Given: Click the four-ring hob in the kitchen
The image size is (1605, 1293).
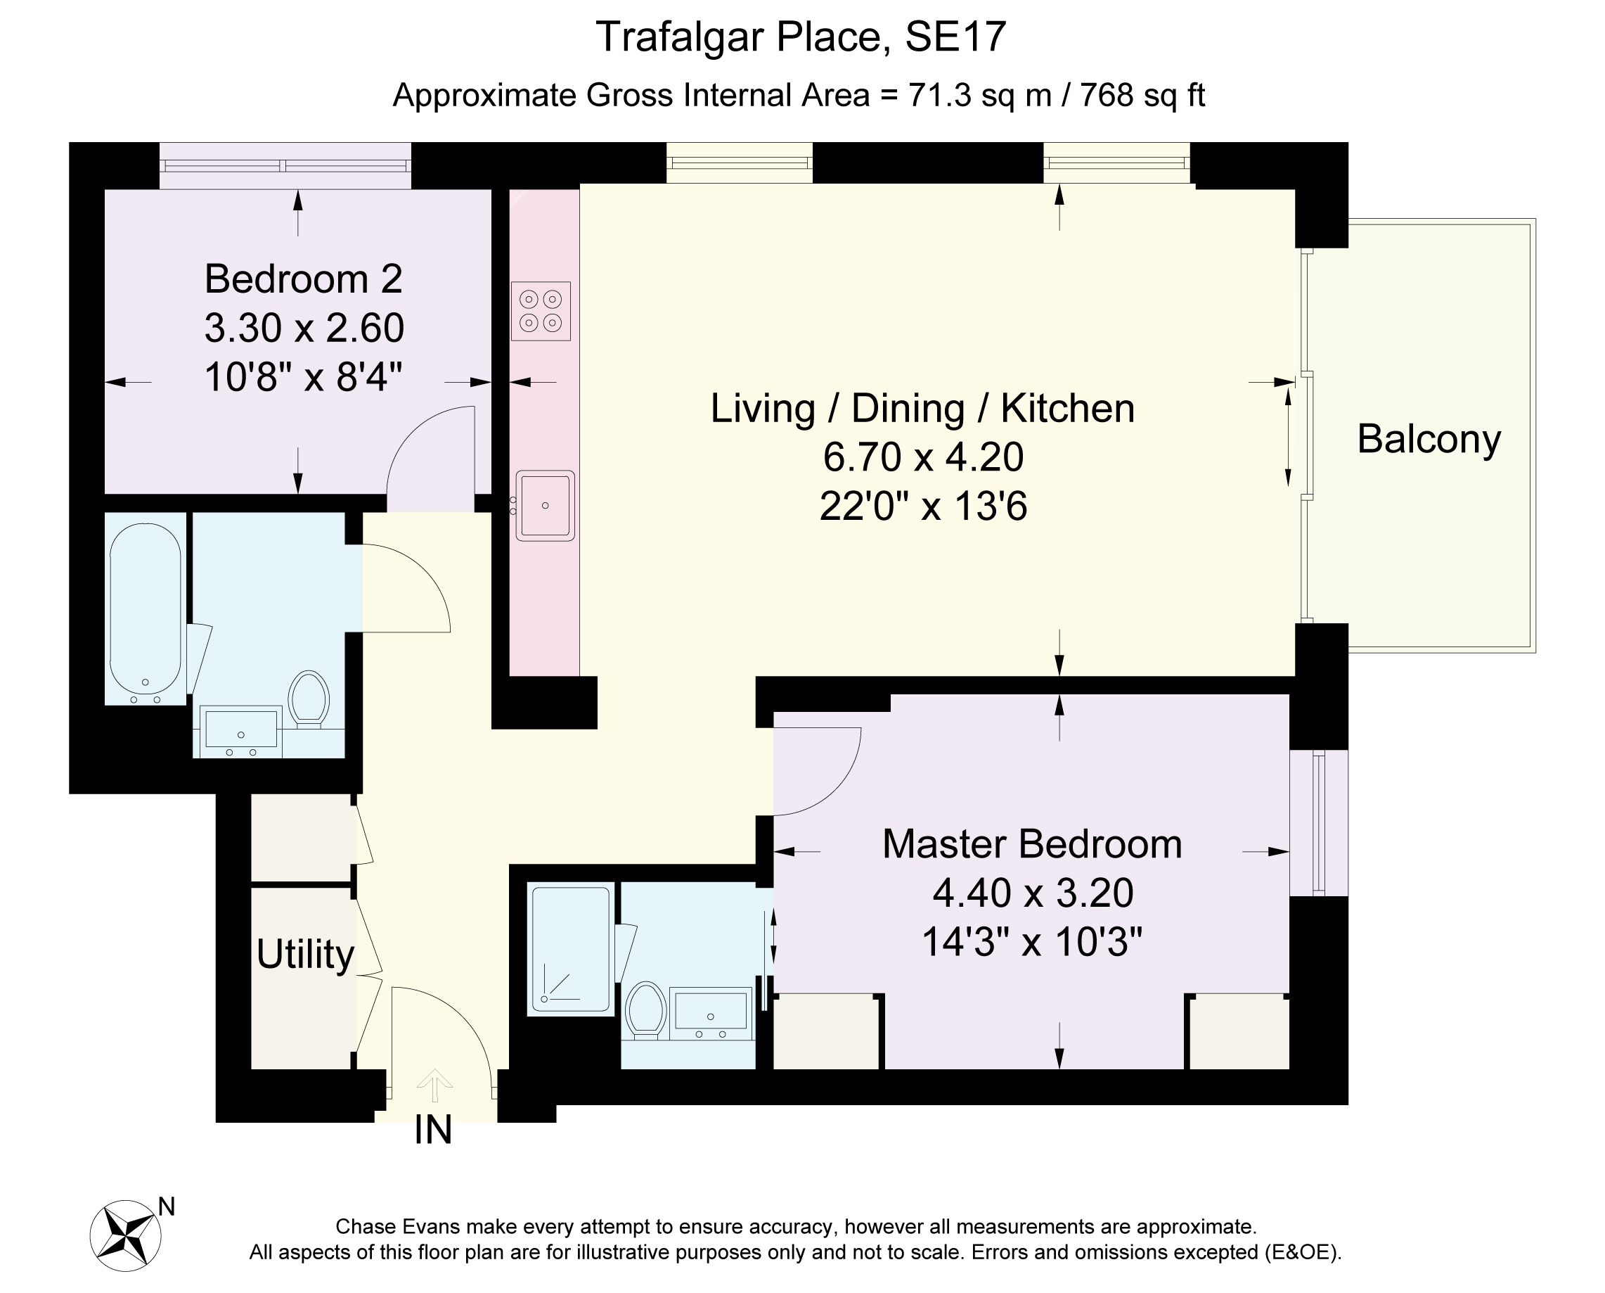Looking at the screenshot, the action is tap(541, 311).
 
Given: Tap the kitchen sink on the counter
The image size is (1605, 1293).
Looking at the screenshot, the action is tap(545, 505).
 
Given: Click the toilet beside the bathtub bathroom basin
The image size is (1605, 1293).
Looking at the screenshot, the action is tap(308, 699).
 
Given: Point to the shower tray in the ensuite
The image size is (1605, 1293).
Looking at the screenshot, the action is tap(571, 949).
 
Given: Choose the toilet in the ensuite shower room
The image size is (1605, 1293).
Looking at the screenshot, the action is tap(645, 1010).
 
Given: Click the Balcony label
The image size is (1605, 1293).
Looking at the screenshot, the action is tap(1429, 439).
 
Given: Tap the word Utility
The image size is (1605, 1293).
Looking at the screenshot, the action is tap(305, 954).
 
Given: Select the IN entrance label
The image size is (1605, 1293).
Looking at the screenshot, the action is tap(433, 1130).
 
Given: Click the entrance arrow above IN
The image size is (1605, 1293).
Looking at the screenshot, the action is tap(434, 1085).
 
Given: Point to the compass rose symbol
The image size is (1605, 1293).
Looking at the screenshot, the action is tap(126, 1235).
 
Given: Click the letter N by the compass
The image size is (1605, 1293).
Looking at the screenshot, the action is tap(167, 1206).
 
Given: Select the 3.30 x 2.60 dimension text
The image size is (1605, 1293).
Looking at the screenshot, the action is tap(304, 328).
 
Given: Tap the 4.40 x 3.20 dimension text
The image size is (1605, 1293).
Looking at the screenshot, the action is tap(1033, 892).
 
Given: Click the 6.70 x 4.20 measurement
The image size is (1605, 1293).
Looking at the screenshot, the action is tap(923, 457).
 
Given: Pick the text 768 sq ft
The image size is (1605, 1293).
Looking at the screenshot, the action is tap(1142, 96).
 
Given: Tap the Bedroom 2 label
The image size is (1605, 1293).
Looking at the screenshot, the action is tap(304, 279).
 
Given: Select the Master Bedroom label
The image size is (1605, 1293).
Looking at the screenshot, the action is tap(1033, 844).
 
